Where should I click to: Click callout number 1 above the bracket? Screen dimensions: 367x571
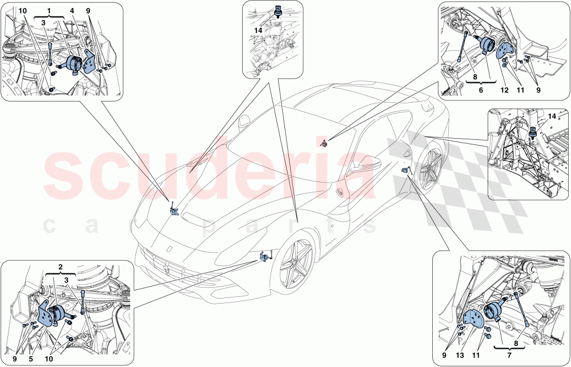click(49, 11)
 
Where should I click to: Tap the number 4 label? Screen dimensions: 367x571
click(72, 11)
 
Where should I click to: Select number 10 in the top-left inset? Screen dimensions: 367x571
click(22, 11)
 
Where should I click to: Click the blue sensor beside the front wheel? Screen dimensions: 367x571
click(264, 258)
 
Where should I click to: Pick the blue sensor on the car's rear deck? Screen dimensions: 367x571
click(324, 143)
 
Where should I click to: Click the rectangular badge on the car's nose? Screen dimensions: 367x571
click(170, 250)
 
